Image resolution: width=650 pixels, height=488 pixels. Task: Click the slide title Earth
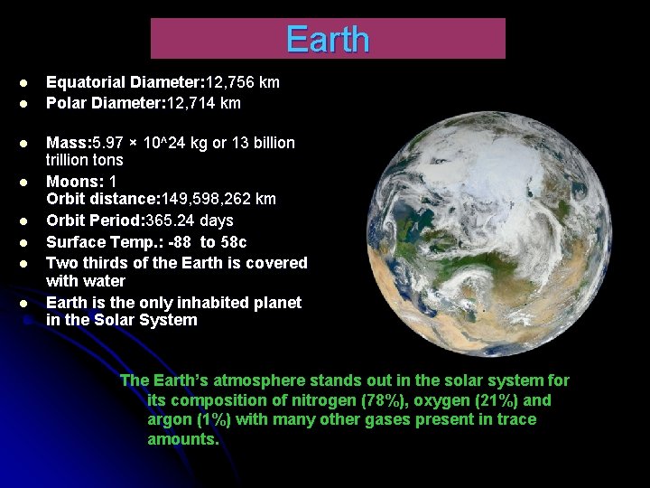click(x=327, y=39)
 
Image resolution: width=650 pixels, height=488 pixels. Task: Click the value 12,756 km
click(x=244, y=82)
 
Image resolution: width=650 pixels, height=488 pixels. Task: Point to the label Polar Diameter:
click(x=97, y=103)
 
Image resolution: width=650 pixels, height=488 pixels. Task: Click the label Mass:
click(x=66, y=143)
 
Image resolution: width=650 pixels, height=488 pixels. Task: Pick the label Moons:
click(x=70, y=182)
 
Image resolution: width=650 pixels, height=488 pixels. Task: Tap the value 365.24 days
click(x=190, y=221)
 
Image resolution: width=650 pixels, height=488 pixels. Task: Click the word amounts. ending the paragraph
click(x=183, y=439)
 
